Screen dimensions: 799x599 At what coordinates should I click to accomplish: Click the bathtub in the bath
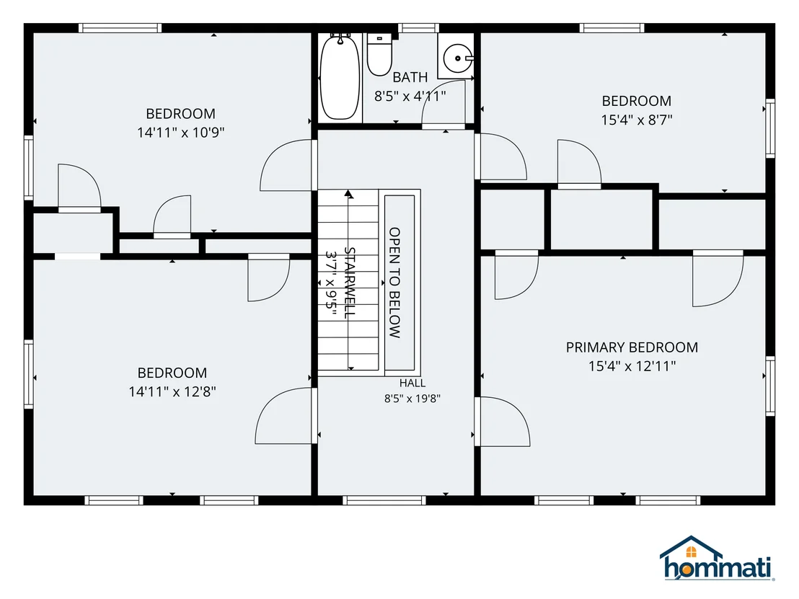pos(339,77)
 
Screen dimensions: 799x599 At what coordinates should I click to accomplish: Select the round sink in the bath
pos(458,59)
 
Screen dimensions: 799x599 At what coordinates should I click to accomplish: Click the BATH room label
pos(410,77)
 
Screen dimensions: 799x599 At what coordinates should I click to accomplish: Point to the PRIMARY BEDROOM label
pos(632,347)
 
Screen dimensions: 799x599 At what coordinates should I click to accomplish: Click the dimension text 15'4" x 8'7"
pos(637,120)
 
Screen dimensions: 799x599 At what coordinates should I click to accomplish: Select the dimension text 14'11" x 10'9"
pos(181,133)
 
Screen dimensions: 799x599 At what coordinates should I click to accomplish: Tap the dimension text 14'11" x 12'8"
pos(172,391)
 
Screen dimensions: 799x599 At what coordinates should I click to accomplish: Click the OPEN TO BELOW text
pos(395,283)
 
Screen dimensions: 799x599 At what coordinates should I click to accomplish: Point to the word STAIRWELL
pos(350,283)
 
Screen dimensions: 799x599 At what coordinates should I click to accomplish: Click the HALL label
pos(412,383)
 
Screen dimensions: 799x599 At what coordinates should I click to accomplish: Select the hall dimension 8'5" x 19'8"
pos(412,399)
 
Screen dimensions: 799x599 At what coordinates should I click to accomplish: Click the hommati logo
pos(717,558)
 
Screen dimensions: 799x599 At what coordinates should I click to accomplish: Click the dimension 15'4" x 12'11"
pos(632,366)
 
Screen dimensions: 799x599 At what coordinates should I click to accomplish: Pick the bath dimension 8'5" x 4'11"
pos(410,97)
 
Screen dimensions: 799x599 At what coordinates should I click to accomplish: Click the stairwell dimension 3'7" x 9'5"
pos(331,283)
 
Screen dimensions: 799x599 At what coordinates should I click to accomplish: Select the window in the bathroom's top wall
pos(418,28)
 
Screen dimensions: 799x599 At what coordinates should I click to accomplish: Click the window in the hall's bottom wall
pos(384,500)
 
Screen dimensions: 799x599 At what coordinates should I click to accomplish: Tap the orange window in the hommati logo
pos(691,552)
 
